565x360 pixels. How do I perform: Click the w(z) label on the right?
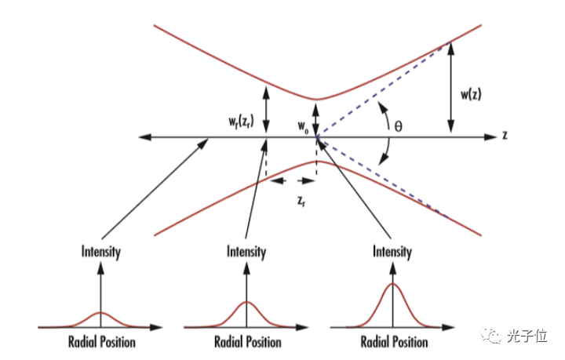coord(471,95)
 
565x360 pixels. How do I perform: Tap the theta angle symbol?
coord(398,126)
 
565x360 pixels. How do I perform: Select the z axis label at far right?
coord(505,135)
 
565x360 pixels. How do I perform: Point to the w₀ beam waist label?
coord(303,127)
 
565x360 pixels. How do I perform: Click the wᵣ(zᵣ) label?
coord(241,121)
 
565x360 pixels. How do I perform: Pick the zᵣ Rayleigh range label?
coord(301,202)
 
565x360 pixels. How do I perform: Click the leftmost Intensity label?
coord(101,251)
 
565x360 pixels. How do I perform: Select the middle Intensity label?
coord(246,251)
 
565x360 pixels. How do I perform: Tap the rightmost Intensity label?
coord(392,251)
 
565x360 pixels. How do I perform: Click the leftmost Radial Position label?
coord(102,342)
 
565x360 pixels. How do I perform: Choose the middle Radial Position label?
coord(248,342)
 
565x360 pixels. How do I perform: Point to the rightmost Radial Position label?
coord(394,342)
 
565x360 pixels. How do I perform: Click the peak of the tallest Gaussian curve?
coord(393,284)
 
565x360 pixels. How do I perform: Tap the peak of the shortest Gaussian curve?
coord(101,312)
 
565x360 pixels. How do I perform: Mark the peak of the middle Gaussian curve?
coord(247,301)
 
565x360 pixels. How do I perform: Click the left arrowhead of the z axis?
coord(144,136)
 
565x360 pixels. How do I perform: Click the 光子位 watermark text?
coord(527,336)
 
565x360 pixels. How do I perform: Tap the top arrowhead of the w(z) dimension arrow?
coord(450,49)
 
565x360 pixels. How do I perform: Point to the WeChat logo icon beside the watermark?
coord(490,336)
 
